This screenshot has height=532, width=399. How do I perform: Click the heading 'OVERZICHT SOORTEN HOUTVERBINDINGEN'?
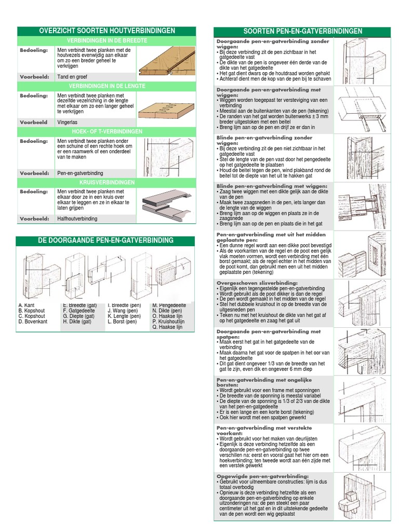pyautogui.click(x=107, y=31)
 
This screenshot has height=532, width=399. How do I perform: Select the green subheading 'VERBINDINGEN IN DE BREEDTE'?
pyautogui.click(x=107, y=41)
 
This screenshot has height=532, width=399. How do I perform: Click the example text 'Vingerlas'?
pyautogui.click(x=68, y=122)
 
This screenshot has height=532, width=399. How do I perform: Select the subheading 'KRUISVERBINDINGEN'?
pyautogui.click(x=107, y=183)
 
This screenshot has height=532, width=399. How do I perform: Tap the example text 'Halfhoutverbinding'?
pyautogui.click(x=77, y=219)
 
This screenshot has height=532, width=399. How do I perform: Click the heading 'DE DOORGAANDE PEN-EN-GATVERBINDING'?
pyautogui.click(x=106, y=241)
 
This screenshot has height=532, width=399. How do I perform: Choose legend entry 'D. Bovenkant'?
pyautogui.click(x=33, y=322)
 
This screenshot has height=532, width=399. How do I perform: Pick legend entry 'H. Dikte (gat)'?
pyautogui.click(x=77, y=322)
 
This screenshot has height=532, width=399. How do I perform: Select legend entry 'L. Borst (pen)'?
pyautogui.click(x=122, y=322)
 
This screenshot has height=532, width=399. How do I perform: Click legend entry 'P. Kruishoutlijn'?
pyautogui.click(x=169, y=322)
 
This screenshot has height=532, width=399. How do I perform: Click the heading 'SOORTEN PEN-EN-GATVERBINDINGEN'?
pyautogui.click(x=303, y=31)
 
